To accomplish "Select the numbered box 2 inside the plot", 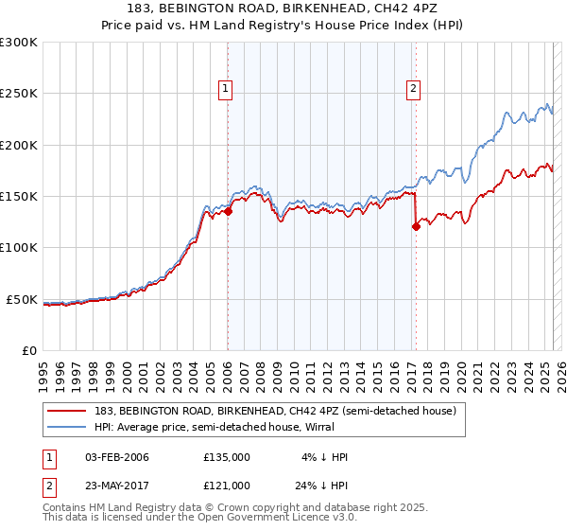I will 414,90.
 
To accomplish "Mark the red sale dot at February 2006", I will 228,212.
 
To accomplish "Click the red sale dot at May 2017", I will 416,226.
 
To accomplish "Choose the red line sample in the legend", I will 67,411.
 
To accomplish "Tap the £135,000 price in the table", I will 227,457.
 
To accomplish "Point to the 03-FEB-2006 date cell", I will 116,457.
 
